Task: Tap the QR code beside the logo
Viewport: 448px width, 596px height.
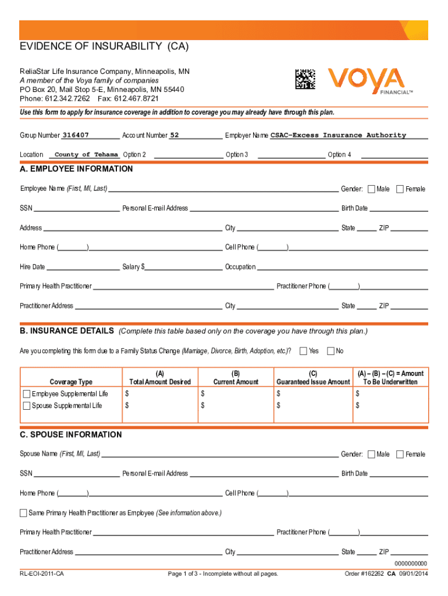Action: click(x=305, y=79)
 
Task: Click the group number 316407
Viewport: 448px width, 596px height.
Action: click(x=76, y=135)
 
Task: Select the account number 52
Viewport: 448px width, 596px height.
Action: click(x=174, y=135)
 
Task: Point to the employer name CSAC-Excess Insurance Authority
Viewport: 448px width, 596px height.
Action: click(x=338, y=135)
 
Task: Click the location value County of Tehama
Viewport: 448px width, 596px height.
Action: click(x=87, y=154)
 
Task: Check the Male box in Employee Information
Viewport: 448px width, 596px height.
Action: click(x=372, y=189)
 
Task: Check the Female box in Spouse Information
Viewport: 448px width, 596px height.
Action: click(x=400, y=454)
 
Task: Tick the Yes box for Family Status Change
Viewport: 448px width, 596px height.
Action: click(x=304, y=350)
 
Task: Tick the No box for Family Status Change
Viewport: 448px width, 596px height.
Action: click(x=331, y=350)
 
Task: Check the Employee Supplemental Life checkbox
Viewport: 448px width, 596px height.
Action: click(x=26, y=394)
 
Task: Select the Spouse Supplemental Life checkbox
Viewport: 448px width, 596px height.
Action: click(x=26, y=406)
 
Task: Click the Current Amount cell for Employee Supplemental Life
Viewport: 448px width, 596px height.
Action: click(x=236, y=394)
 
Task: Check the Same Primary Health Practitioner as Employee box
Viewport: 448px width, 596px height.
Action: click(x=23, y=513)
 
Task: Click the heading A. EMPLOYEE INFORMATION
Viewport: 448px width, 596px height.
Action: click(x=76, y=169)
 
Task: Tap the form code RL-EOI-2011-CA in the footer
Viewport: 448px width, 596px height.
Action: click(x=42, y=574)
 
